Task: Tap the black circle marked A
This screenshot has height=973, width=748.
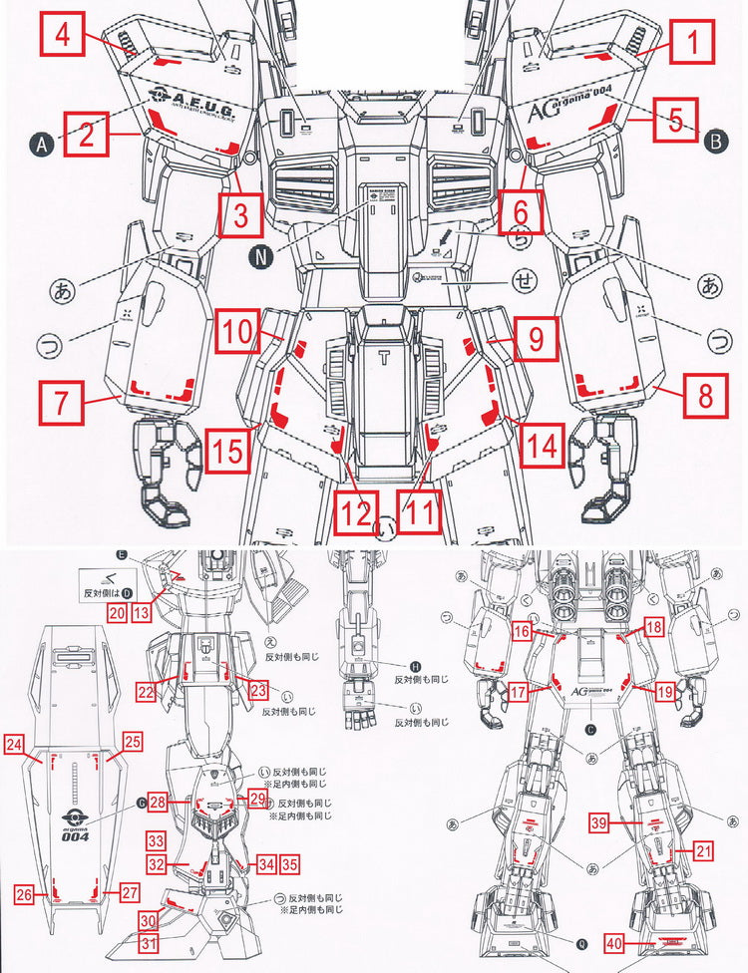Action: click(x=41, y=146)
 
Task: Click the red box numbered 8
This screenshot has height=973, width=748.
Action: click(x=705, y=397)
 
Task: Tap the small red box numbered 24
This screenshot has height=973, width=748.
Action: click(x=14, y=744)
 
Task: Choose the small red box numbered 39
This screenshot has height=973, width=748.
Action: click(x=597, y=822)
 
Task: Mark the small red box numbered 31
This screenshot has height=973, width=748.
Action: click(x=148, y=941)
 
